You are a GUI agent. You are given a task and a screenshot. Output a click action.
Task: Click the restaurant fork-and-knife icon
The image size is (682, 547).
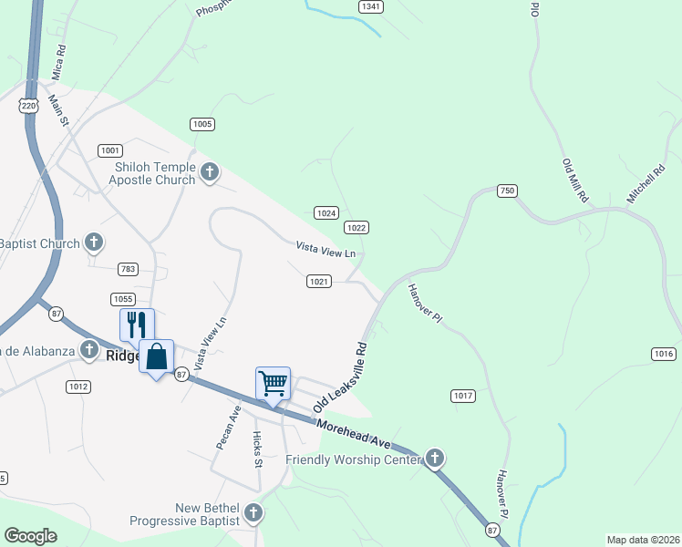tap(137, 325)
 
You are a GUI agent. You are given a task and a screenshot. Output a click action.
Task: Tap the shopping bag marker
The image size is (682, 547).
tap(156, 356)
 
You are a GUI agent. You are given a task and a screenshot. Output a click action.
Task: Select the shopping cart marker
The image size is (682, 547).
tap(273, 383)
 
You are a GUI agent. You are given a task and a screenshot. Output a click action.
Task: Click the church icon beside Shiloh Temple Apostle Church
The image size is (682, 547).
tap(210, 171)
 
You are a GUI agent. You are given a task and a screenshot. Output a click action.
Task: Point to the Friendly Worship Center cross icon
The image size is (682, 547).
tap(435, 458)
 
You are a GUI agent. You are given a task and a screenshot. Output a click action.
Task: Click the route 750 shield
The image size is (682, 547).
tap(507, 191)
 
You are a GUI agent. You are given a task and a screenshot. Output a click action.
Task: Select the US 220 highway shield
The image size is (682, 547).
tap(29, 106)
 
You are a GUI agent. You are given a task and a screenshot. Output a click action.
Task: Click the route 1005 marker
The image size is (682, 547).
tap(201, 124)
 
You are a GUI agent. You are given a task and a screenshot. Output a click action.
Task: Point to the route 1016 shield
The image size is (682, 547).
tap(664, 354)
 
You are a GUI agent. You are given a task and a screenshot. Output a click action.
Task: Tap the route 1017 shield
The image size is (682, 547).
tap(463, 396)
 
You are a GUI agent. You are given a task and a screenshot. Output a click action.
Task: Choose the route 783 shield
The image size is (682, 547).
tap(129, 269)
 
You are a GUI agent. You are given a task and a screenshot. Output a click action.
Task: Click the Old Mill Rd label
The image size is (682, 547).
tap(574, 180)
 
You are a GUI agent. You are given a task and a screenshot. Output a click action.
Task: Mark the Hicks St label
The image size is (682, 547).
tap(257, 449)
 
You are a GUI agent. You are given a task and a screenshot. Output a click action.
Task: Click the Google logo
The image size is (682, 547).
tap(31, 536)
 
